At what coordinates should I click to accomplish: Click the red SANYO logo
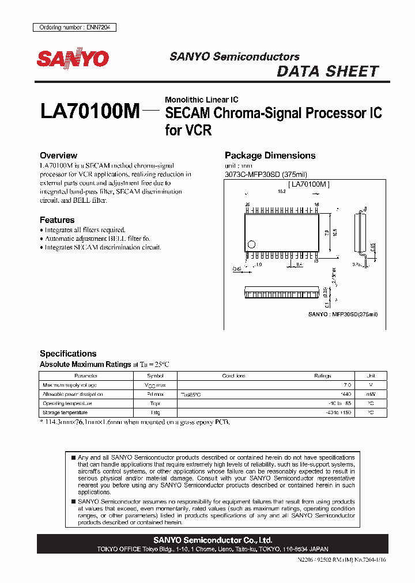pos(73,59)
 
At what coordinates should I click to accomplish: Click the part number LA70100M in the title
pos(90,111)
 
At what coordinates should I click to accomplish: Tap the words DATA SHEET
pos(327,71)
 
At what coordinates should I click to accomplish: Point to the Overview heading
pos(58,156)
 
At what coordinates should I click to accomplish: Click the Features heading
pos(57,220)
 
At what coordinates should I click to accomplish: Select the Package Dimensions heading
pos(270,156)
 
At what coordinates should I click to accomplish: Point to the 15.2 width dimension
pos(282,191)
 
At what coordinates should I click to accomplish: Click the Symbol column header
pos(155,376)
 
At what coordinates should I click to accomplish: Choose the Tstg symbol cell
pos(155,412)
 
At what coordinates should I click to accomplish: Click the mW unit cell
pos(371,394)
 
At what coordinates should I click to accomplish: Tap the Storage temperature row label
pos(65,412)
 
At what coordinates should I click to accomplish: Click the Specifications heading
pos(68,354)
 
